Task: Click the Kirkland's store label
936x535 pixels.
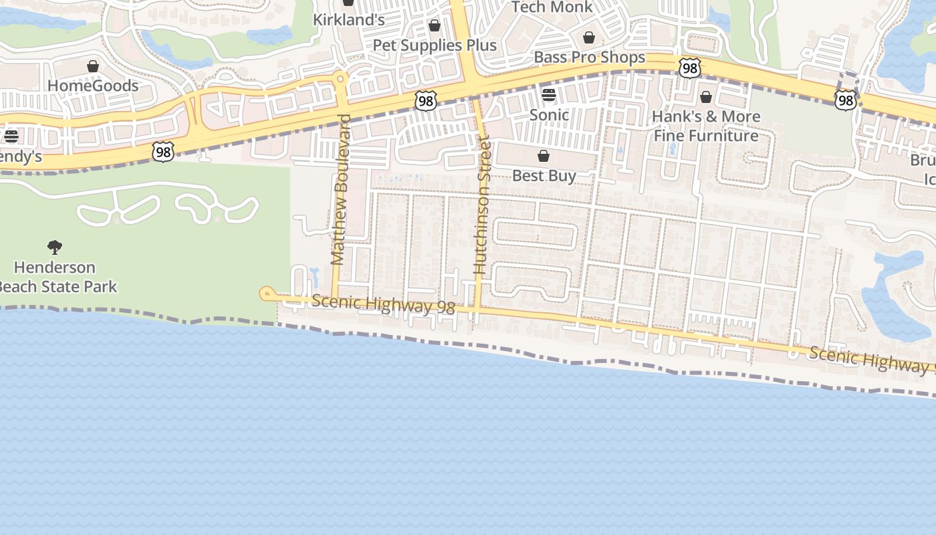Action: (349, 19)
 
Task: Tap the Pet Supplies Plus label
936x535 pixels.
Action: (435, 45)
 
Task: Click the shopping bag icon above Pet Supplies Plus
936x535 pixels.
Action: (435, 25)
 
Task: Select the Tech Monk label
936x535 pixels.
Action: (552, 7)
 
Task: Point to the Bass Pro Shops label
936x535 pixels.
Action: (589, 58)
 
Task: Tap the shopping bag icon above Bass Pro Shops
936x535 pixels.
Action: (589, 37)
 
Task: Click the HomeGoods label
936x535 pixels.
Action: (93, 86)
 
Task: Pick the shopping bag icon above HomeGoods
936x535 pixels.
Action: (93, 66)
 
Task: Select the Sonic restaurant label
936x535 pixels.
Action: (549, 114)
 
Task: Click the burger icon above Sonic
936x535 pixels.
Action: (549, 95)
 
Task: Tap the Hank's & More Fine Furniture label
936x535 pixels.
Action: (706, 126)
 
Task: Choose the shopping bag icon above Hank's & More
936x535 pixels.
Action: (705, 97)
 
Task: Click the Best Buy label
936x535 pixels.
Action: (544, 176)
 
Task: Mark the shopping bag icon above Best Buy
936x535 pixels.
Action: (544, 156)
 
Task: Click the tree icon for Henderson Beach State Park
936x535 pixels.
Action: (55, 247)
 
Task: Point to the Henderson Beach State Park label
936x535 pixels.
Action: (57, 277)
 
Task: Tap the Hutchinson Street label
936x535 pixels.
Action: (481, 205)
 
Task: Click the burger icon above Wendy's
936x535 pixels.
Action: (11, 136)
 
